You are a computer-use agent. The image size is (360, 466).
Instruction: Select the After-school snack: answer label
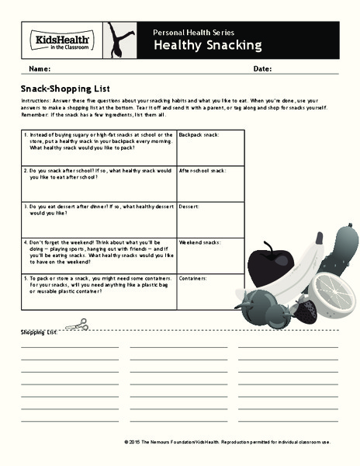[202, 170]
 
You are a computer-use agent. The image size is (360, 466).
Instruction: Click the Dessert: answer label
[189, 207]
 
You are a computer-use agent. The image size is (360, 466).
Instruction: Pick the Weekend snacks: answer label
[200, 242]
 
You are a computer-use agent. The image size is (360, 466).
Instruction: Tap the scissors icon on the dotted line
[75, 326]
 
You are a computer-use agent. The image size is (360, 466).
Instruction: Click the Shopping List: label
[40, 333]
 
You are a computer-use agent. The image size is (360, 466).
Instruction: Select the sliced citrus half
[336, 292]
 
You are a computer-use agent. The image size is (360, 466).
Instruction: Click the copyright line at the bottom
[227, 442]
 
